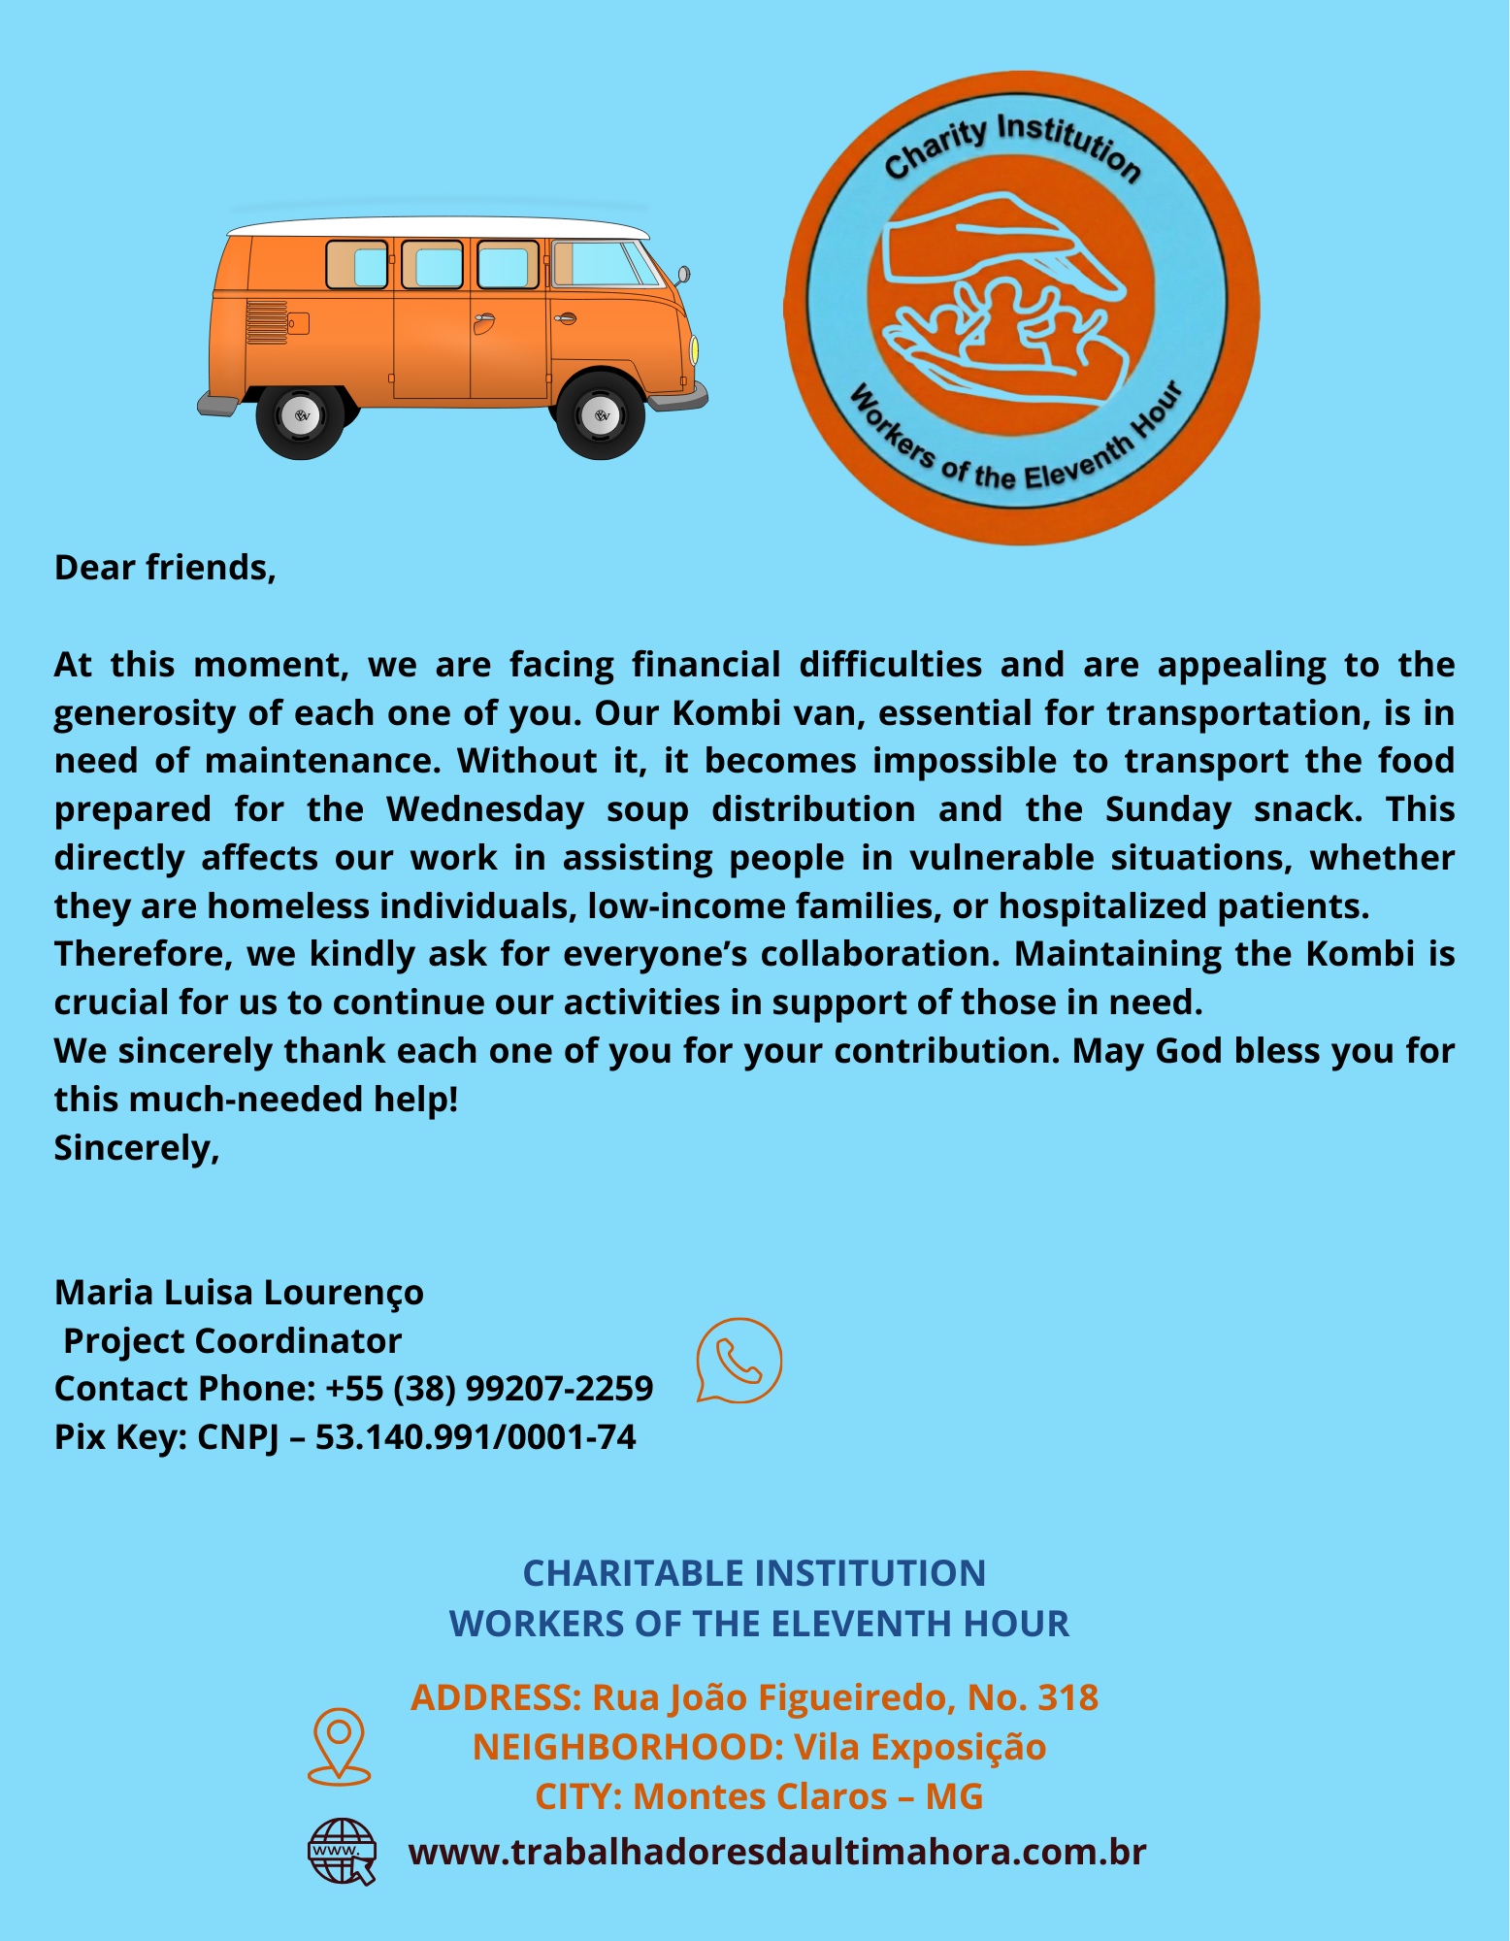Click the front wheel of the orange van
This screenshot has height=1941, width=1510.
click(x=601, y=415)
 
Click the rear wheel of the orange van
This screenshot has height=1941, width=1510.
click(x=301, y=416)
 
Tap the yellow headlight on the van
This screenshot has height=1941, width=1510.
click(x=694, y=350)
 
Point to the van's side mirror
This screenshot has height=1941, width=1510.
click(x=683, y=275)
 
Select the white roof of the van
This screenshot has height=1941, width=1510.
click(x=437, y=228)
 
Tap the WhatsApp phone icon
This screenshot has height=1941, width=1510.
click(x=739, y=1360)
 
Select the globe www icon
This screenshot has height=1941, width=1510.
click(x=342, y=1851)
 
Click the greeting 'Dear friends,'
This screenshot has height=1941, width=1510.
click(x=165, y=568)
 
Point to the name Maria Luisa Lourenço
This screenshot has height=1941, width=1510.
click(x=239, y=1293)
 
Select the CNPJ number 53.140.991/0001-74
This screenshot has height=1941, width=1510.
click(x=476, y=1437)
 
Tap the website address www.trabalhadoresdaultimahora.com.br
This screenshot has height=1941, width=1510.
click(x=777, y=1852)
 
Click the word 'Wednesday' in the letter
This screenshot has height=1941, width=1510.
click(x=485, y=809)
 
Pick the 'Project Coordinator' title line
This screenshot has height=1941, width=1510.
click(x=232, y=1341)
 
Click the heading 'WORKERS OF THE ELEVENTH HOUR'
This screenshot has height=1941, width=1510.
click(x=759, y=1624)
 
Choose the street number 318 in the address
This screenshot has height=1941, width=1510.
click(x=1067, y=1697)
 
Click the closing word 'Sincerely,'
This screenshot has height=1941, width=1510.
click(x=137, y=1148)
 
